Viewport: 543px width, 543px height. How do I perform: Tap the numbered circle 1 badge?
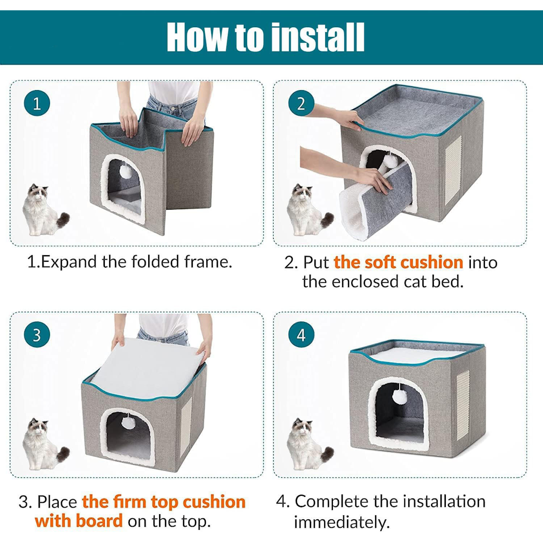(37, 103)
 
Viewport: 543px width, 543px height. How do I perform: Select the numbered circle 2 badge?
(301, 103)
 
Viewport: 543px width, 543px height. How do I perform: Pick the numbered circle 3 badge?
(37, 335)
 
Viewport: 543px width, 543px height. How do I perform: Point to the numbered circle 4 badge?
(301, 335)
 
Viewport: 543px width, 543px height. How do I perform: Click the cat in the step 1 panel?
(43, 211)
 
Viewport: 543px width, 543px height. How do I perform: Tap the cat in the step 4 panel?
(308, 444)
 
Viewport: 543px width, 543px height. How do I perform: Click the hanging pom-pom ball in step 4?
(399, 396)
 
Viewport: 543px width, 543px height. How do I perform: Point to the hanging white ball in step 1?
(125, 171)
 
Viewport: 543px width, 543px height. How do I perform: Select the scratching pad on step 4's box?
(463, 405)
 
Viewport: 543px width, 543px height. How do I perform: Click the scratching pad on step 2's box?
(453, 169)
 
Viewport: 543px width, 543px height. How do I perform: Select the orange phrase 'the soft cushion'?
(398, 262)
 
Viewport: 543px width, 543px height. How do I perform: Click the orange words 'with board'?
(79, 521)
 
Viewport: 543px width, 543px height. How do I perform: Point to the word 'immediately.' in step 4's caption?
(342, 522)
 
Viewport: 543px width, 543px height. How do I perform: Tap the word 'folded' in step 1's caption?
(155, 262)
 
